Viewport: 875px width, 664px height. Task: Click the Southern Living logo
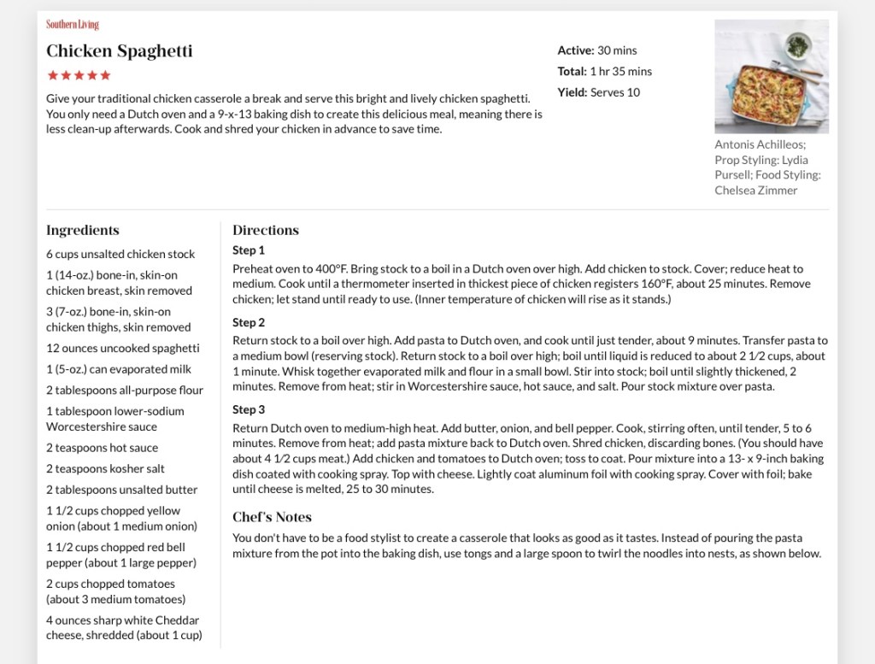pyautogui.click(x=73, y=25)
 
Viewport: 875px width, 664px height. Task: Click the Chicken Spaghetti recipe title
pyautogui.click(x=120, y=51)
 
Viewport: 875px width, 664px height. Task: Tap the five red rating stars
pyautogui.click(x=79, y=75)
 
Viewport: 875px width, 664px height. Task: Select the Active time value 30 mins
pyautogui.click(x=617, y=50)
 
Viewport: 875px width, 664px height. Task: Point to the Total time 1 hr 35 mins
pyautogui.click(x=620, y=71)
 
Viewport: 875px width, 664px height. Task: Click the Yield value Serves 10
pyautogui.click(x=614, y=92)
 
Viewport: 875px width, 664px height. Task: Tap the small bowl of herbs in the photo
pyautogui.click(x=798, y=44)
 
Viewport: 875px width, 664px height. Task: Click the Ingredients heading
pyautogui.click(x=83, y=230)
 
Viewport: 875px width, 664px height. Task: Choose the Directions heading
pyautogui.click(x=266, y=230)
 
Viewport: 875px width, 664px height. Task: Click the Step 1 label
pyautogui.click(x=249, y=250)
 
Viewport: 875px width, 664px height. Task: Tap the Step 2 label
pyautogui.click(x=249, y=322)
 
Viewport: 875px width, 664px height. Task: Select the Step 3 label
pyautogui.click(x=249, y=409)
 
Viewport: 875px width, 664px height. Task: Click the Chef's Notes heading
pyautogui.click(x=272, y=517)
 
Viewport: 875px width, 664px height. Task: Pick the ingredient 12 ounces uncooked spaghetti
pyautogui.click(x=123, y=348)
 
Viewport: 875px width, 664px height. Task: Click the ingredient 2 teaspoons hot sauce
pyautogui.click(x=102, y=448)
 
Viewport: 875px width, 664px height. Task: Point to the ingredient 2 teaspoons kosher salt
pyautogui.click(x=105, y=468)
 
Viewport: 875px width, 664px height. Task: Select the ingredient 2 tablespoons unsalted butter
pyautogui.click(x=121, y=490)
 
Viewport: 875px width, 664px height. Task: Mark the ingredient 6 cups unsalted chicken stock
pyautogui.click(x=120, y=254)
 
